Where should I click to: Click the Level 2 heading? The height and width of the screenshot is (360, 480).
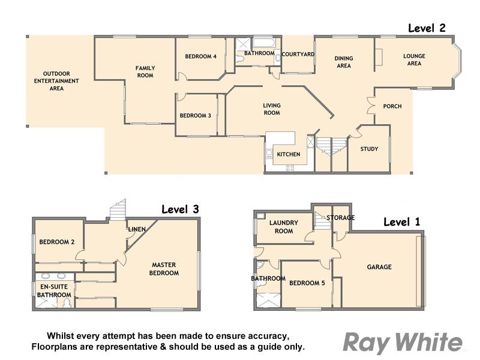pyautogui.click(x=427, y=28)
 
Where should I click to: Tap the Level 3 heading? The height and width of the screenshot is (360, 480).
pyautogui.click(x=180, y=209)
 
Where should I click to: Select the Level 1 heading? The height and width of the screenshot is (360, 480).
pyautogui.click(x=401, y=222)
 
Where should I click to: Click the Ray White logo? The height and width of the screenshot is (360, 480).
pyautogui.click(x=403, y=343)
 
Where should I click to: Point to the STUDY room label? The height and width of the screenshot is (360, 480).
pyautogui.click(x=369, y=149)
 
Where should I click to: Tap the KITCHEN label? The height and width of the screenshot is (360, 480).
pyautogui.click(x=289, y=154)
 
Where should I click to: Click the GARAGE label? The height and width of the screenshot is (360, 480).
pyautogui.click(x=379, y=267)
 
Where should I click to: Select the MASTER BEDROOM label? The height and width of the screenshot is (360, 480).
pyautogui.click(x=164, y=269)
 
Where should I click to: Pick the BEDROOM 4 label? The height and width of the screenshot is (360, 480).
pyautogui.click(x=201, y=56)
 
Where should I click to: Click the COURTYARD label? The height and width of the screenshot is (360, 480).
pyautogui.click(x=298, y=54)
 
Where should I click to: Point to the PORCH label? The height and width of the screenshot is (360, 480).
pyautogui.click(x=392, y=106)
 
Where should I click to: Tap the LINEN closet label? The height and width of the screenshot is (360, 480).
pyautogui.click(x=137, y=229)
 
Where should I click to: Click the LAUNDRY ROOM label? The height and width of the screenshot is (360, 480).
pyautogui.click(x=283, y=227)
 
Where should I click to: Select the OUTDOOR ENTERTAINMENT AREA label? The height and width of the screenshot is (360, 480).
pyautogui.click(x=56, y=81)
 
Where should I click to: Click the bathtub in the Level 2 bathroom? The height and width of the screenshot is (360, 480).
pyautogui.click(x=263, y=43)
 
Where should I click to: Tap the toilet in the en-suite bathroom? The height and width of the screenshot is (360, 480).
pyautogui.click(x=67, y=303)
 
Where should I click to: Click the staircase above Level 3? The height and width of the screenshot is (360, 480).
pyautogui.click(x=118, y=210)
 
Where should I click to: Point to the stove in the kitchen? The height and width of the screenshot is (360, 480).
pyautogui.click(x=290, y=168)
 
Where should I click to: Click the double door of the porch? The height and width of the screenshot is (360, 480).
pyautogui.click(x=371, y=106)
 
